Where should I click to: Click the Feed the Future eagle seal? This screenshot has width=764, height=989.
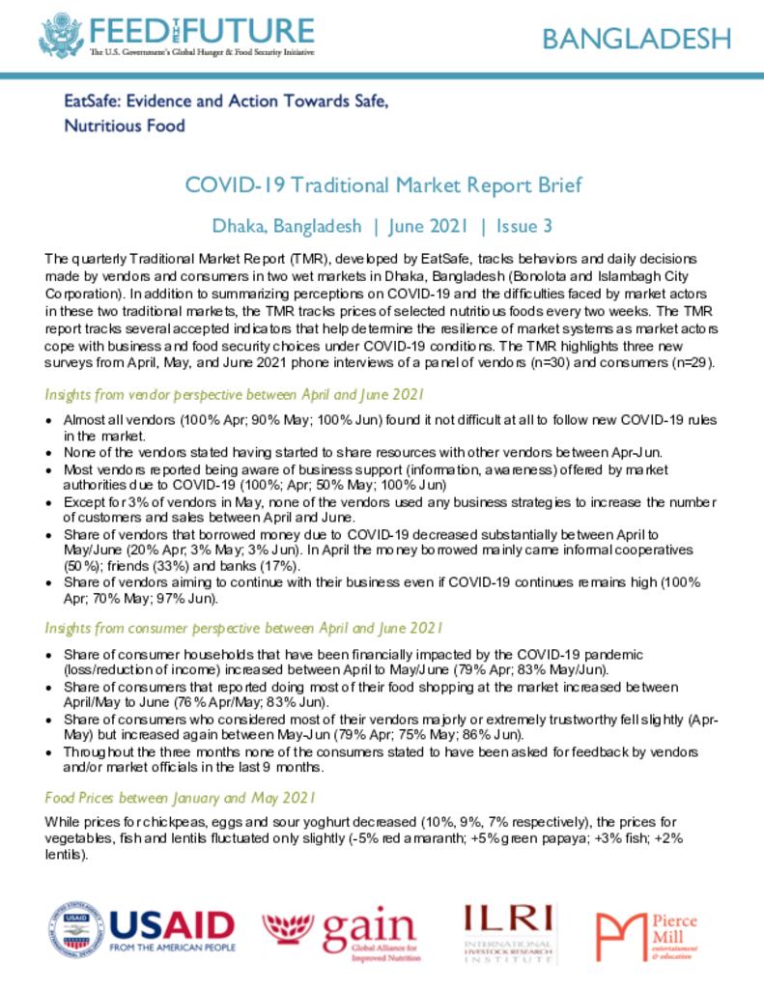point(61,36)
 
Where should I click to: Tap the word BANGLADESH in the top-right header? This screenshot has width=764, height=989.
point(636,39)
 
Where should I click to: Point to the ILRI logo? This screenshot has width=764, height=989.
point(509,932)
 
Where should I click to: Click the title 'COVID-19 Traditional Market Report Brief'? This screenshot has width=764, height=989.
point(382,185)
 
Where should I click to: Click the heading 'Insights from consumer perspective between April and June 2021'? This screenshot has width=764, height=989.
point(243,628)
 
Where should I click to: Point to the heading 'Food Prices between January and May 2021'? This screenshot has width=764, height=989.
point(181,798)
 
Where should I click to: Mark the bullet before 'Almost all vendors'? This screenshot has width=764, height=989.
point(50,422)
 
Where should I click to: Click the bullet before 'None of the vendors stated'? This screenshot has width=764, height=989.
point(50,451)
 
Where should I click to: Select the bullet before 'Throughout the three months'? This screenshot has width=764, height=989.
point(50,752)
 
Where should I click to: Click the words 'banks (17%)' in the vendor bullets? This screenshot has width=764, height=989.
point(266,565)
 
